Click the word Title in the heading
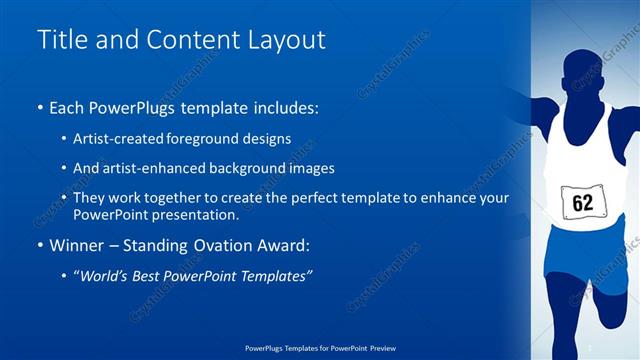(61, 40)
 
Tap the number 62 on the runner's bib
(583, 203)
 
